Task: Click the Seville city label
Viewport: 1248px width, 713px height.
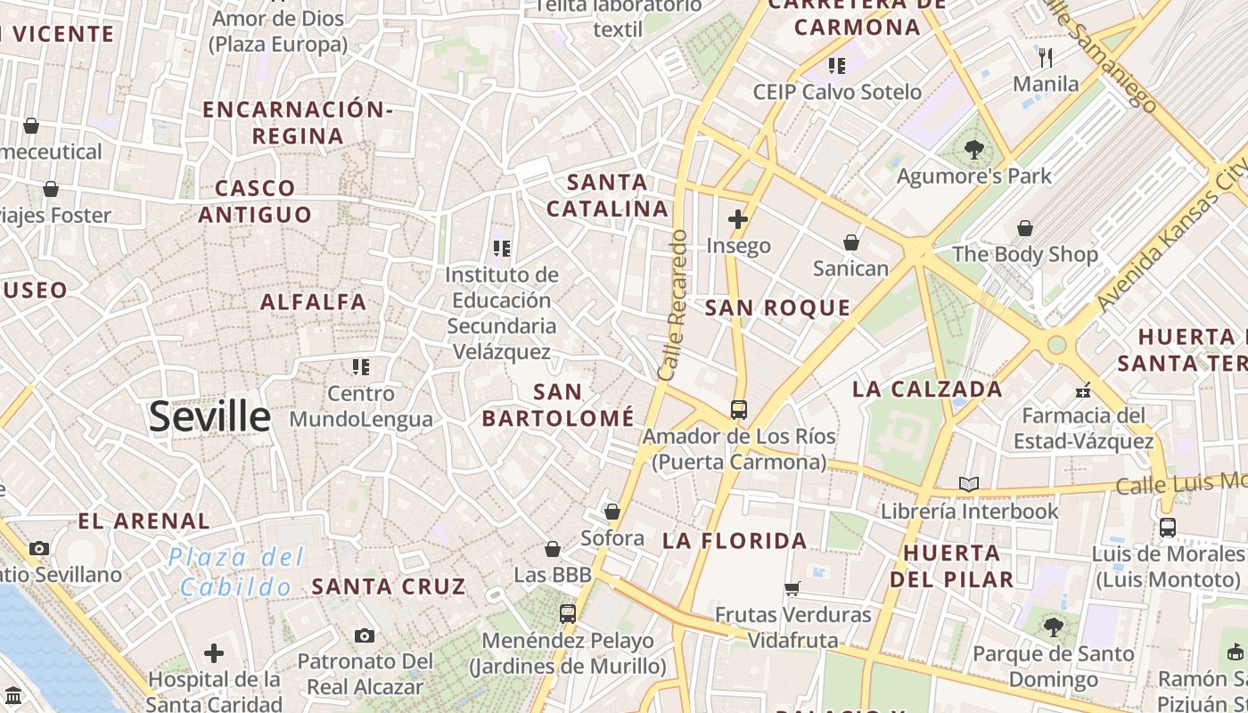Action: click(209, 417)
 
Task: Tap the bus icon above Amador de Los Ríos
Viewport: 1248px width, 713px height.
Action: click(738, 410)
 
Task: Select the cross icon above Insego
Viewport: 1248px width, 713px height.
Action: click(738, 219)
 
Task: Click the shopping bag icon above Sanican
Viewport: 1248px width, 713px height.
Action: click(851, 242)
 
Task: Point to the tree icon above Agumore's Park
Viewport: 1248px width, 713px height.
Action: click(973, 150)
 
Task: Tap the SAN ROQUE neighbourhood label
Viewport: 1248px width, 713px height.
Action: click(777, 308)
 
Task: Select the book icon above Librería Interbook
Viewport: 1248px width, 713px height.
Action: click(969, 485)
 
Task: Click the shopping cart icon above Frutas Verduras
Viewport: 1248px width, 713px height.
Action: click(792, 588)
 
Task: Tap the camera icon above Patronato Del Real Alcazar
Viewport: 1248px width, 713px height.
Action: click(364, 635)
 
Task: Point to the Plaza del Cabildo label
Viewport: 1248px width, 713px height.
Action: click(236, 572)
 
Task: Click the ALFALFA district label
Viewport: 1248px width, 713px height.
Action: click(313, 302)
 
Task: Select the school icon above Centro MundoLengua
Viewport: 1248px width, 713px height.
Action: click(360, 367)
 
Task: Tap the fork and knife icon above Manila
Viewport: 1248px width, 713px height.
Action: click(1046, 58)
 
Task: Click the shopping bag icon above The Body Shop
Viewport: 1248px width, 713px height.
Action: click(1025, 228)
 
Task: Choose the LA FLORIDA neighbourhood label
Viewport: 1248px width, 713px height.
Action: click(735, 541)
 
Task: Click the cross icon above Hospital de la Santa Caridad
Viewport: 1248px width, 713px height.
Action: click(214, 653)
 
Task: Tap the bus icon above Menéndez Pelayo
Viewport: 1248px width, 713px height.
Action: click(568, 614)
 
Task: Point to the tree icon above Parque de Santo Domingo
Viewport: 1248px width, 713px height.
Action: click(1054, 627)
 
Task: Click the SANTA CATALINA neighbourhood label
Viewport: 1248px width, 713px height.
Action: click(607, 195)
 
